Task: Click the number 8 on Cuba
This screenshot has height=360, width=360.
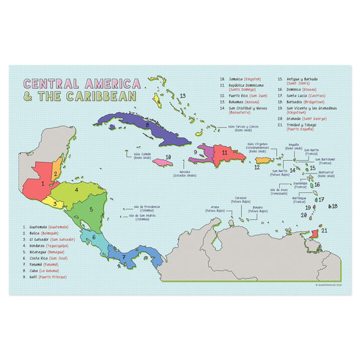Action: [x=147, y=124]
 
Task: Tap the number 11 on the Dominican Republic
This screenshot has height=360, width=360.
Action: [x=224, y=153]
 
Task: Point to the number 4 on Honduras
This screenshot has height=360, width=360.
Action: [x=77, y=190]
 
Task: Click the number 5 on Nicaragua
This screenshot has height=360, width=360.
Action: [x=91, y=209]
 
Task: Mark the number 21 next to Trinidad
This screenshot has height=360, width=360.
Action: [x=324, y=230]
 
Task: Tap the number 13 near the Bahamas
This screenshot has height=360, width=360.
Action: [x=182, y=96]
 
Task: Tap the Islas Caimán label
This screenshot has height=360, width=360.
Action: [x=133, y=155]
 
